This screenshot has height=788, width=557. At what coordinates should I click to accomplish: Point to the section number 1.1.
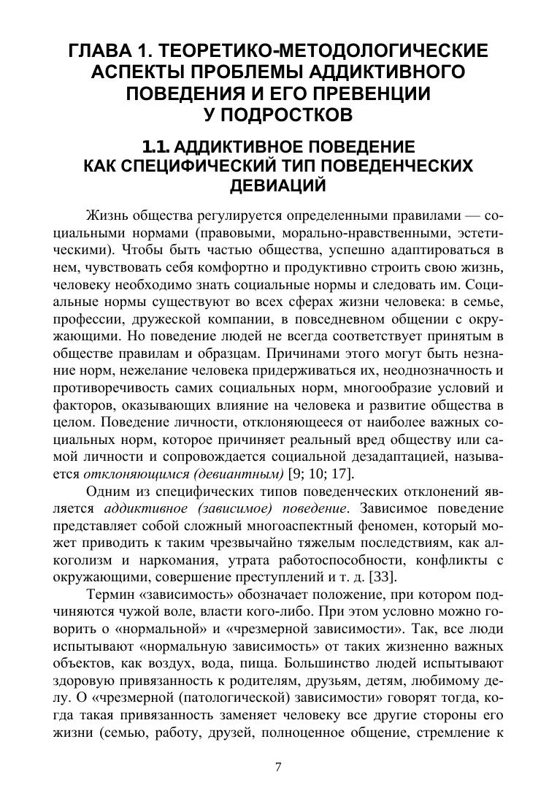(157, 145)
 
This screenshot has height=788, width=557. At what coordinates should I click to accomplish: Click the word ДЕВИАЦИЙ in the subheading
(277, 186)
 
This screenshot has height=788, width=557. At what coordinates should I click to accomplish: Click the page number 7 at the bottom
(278, 766)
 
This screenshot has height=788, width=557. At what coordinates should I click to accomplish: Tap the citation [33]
(383, 577)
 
